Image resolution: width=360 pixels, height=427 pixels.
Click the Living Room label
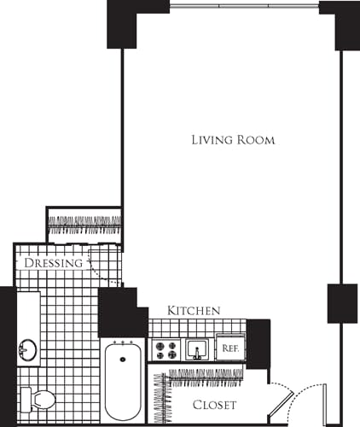pos(233,140)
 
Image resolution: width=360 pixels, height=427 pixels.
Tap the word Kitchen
pos(195,310)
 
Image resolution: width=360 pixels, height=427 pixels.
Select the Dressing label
pos(53,263)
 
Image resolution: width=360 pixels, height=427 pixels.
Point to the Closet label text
pos(213,405)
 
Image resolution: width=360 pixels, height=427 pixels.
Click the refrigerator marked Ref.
pos(229,348)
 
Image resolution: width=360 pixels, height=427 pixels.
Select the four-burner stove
pos(165,349)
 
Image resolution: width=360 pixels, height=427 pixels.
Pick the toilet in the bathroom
pos(39,398)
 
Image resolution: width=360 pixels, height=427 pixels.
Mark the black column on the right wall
pos(340,303)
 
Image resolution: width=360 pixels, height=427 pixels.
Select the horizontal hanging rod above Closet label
pos(206,373)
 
